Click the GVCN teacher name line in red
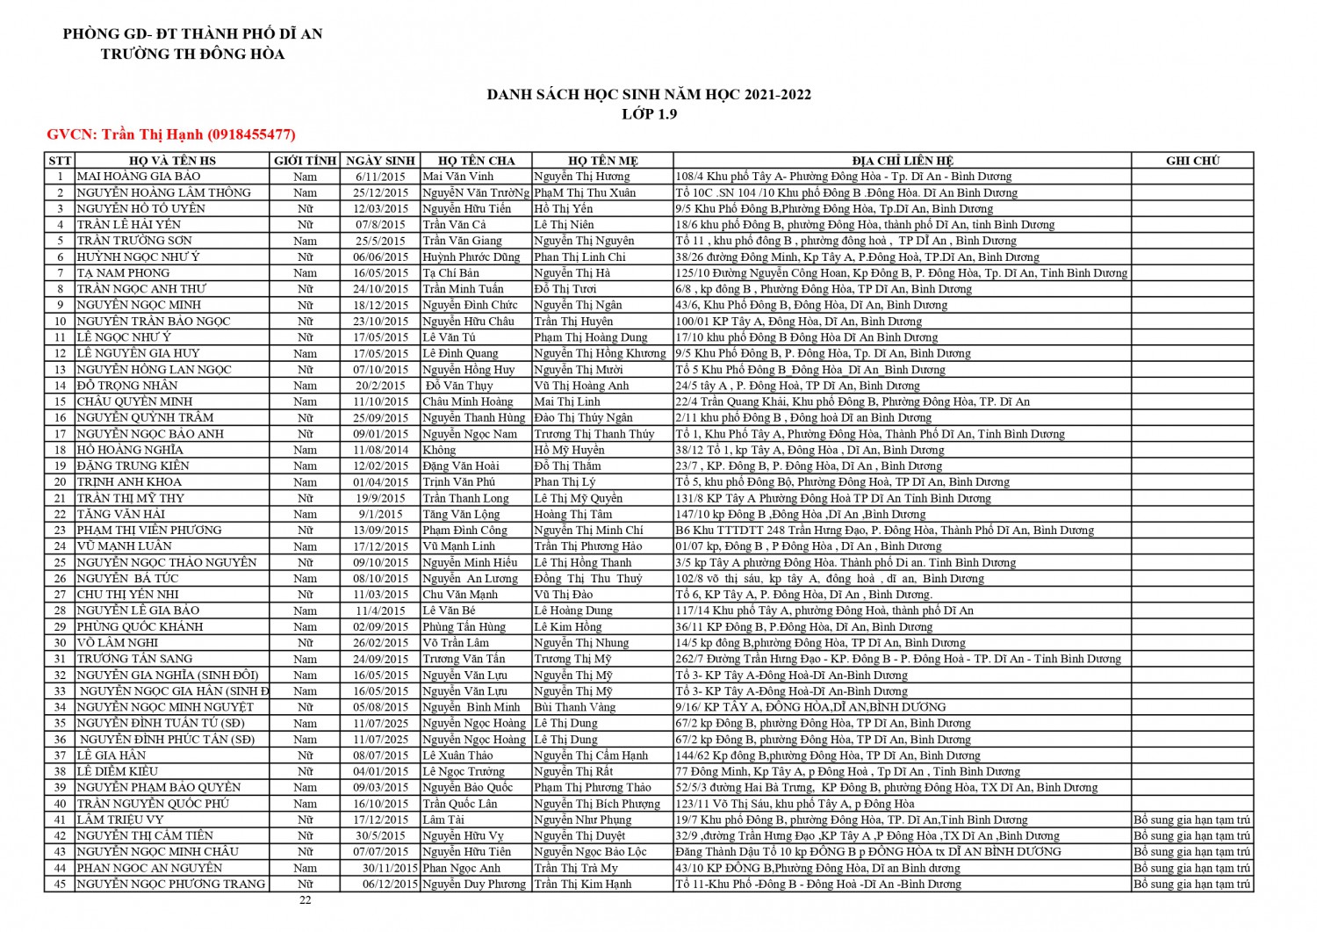[x=171, y=134]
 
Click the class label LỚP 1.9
[x=649, y=114]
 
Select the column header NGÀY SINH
[x=379, y=161]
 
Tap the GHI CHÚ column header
[x=1192, y=161]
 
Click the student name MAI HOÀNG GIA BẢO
[x=139, y=177]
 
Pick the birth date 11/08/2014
[x=380, y=450]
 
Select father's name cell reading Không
[x=439, y=450]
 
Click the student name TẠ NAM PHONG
[x=123, y=273]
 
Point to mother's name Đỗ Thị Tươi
[x=565, y=289]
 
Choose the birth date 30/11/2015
[x=391, y=868]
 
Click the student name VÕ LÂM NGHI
[x=118, y=643]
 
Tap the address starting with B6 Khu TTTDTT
[x=884, y=531]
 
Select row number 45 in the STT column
[x=60, y=884]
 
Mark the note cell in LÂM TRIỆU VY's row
[x=1191, y=820]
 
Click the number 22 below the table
[x=305, y=899]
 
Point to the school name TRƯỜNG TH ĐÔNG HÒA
[x=192, y=54]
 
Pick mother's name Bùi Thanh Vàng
[x=574, y=707]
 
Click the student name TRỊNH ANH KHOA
[x=129, y=482]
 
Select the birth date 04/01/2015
[x=380, y=771]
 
